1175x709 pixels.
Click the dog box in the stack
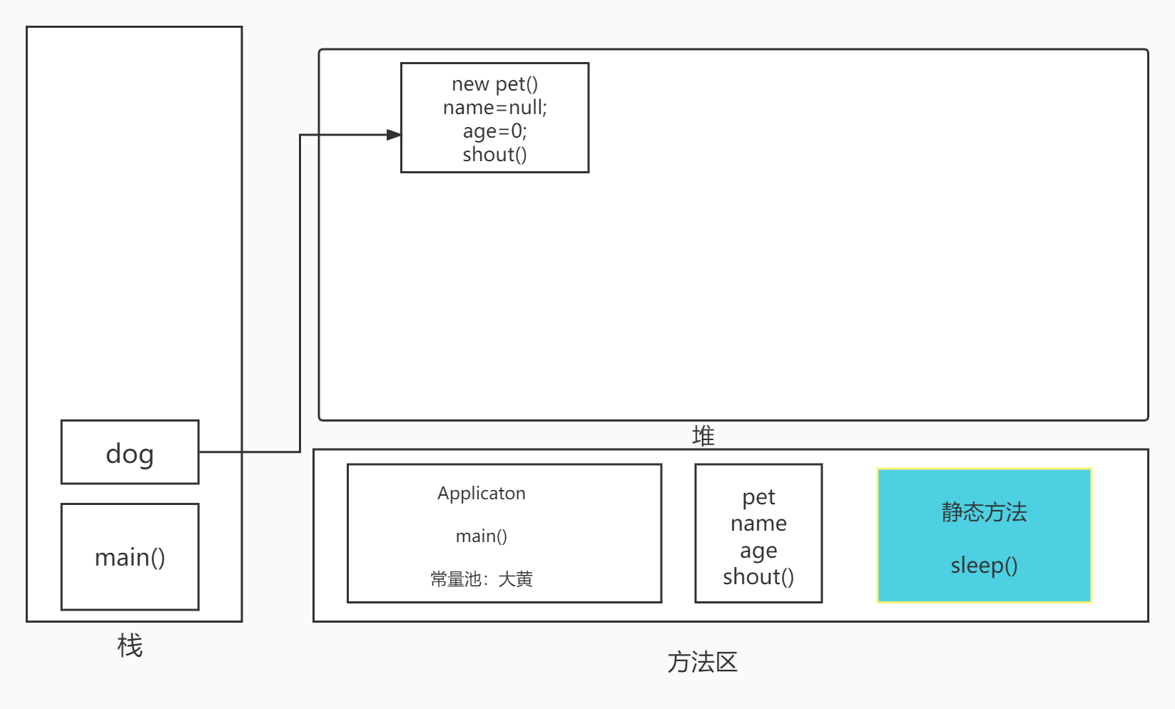tap(130, 452)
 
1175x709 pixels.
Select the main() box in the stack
tap(130, 556)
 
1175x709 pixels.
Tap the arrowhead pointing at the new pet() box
tap(394, 134)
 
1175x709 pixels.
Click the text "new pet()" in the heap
tap(494, 84)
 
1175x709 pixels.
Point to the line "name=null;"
tap(494, 108)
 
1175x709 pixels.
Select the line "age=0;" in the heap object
tap(494, 131)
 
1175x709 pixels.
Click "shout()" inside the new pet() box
tap(494, 155)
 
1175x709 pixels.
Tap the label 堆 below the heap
tap(703, 435)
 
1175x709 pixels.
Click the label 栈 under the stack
tap(130, 646)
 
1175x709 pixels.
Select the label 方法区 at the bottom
tap(702, 662)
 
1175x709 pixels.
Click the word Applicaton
tap(481, 493)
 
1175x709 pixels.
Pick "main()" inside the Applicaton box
tap(481, 536)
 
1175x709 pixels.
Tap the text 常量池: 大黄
tap(481, 578)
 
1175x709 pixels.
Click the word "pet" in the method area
tap(758, 497)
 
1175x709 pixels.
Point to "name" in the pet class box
tap(758, 524)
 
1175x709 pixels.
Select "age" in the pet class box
tap(758, 551)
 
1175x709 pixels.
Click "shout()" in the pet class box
tap(758, 576)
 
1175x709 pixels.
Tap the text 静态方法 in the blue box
tap(984, 511)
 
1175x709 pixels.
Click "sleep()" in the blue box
tap(984, 565)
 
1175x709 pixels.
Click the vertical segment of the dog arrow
tap(300, 292)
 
